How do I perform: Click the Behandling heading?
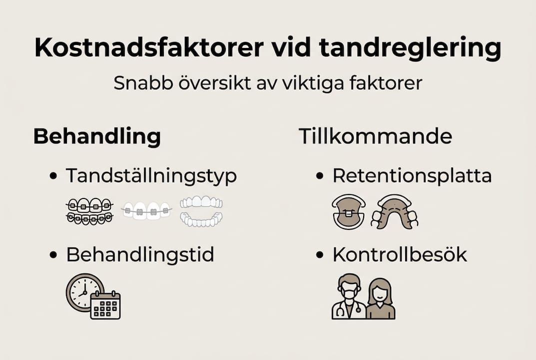pos(97,136)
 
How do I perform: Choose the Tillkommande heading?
pos(375,136)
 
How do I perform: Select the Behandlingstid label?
pos(140,255)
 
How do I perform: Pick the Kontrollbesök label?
pos(400,255)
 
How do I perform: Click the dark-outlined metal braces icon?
pos(89,211)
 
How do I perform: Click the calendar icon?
pos(105,305)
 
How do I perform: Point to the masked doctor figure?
pos(349,297)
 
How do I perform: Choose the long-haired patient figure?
pos(381,299)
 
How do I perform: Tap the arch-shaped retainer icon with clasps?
pos(394,211)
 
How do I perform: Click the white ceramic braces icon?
pos(146,210)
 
